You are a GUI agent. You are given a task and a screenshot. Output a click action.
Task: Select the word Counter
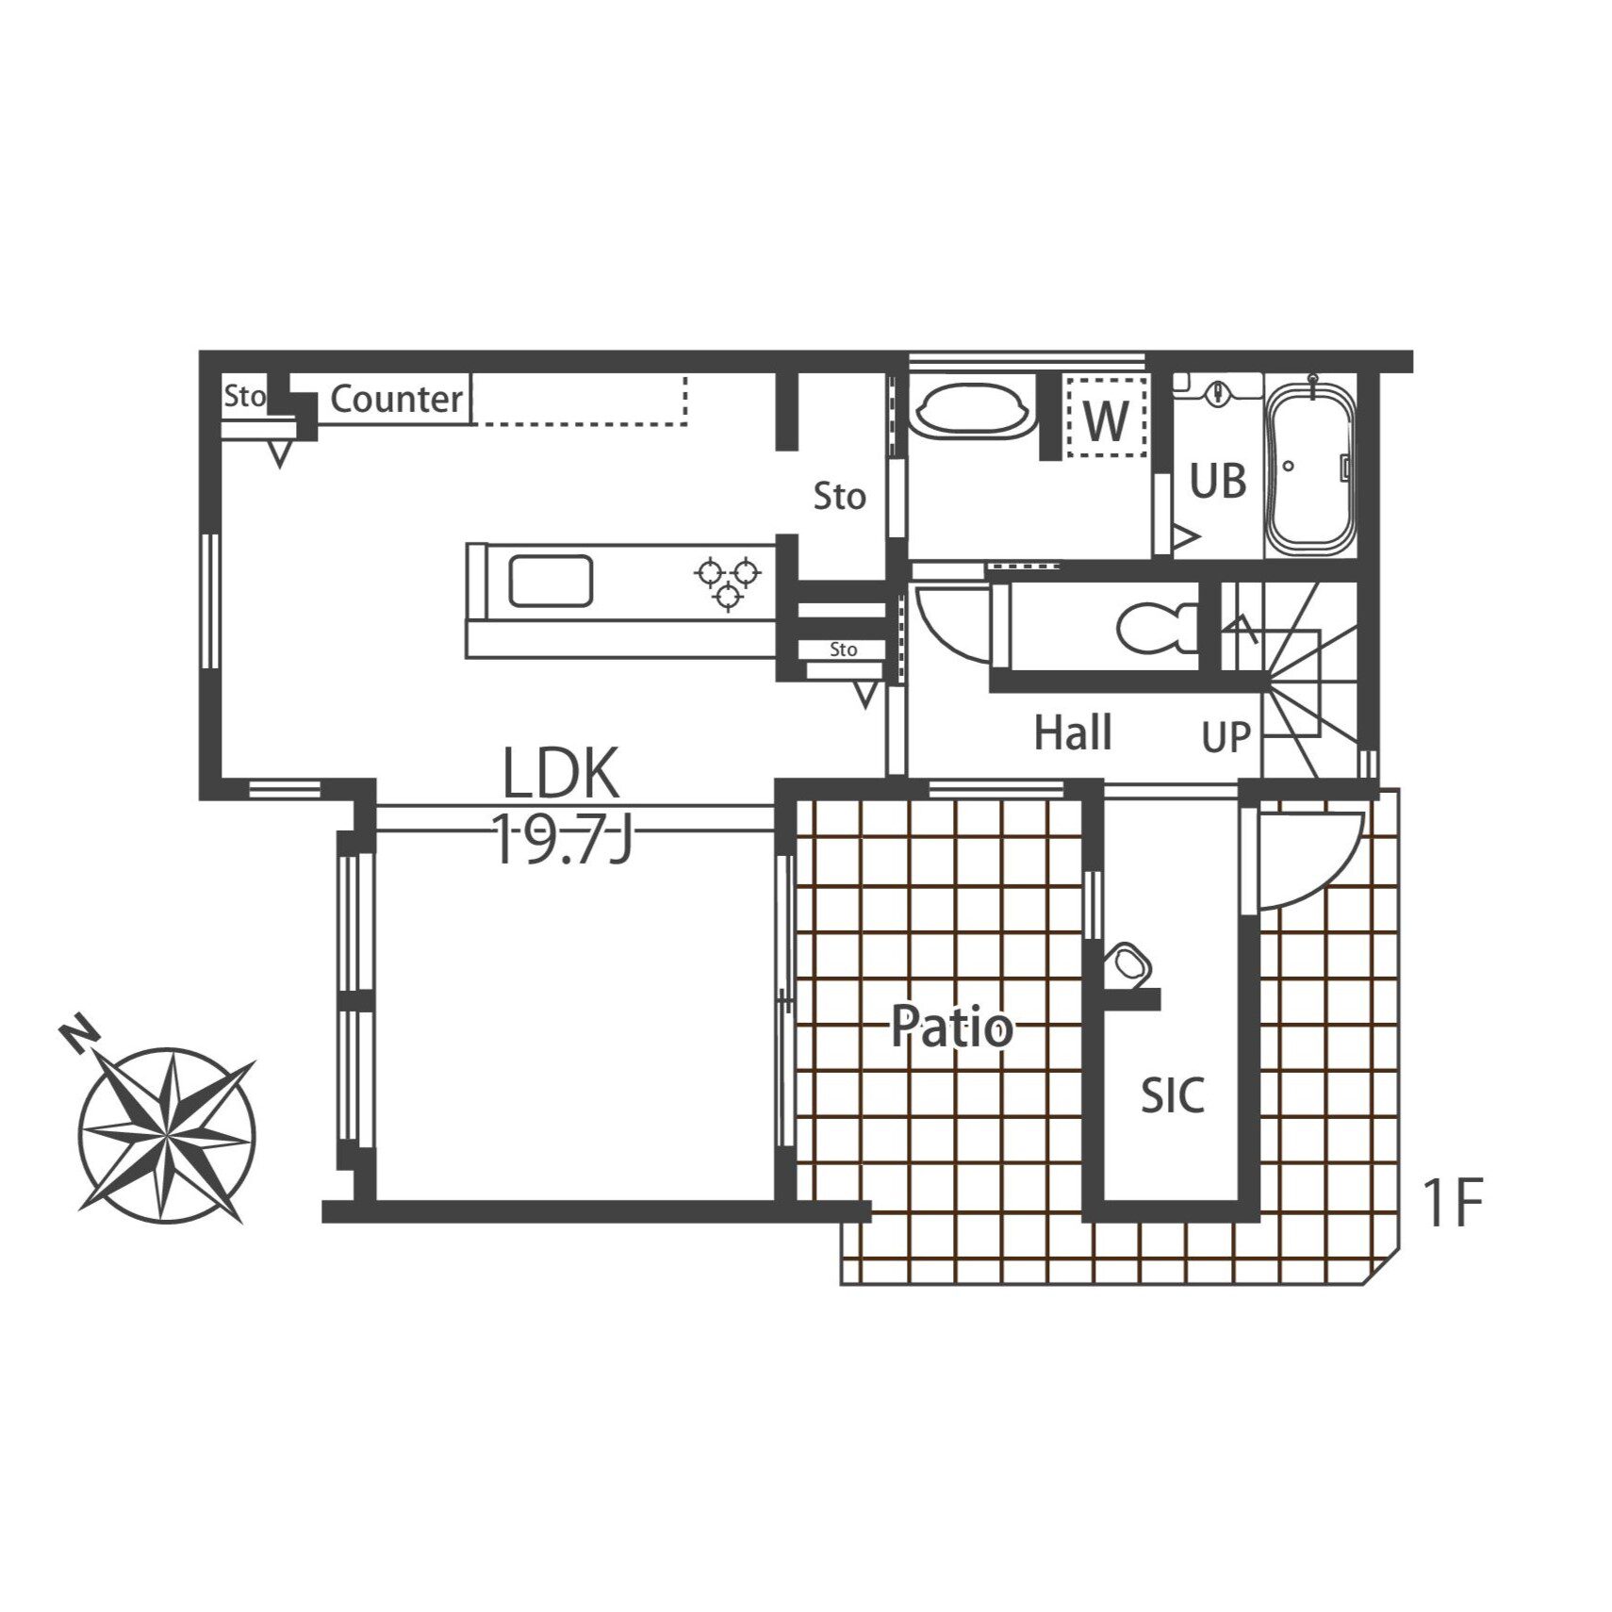click(x=397, y=399)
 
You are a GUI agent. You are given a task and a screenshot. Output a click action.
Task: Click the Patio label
click(x=952, y=1027)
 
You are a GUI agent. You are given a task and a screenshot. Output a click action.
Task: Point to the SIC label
click(x=1173, y=1095)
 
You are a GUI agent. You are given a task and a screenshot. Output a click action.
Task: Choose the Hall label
click(x=1073, y=732)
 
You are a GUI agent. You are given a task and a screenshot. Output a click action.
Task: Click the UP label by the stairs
click(x=1226, y=737)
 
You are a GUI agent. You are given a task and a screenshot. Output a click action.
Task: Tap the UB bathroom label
click(x=1218, y=481)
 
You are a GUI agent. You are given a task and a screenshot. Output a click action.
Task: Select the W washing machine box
click(x=1107, y=416)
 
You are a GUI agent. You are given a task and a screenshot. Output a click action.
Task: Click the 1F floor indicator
click(x=1453, y=1203)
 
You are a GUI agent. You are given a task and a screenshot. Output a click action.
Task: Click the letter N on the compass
click(x=79, y=1033)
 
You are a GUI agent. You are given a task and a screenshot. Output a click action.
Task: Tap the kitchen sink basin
click(x=551, y=581)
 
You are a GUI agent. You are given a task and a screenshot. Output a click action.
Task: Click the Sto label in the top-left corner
click(x=244, y=396)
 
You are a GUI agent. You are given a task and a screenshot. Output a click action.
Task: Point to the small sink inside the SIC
click(x=1128, y=963)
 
